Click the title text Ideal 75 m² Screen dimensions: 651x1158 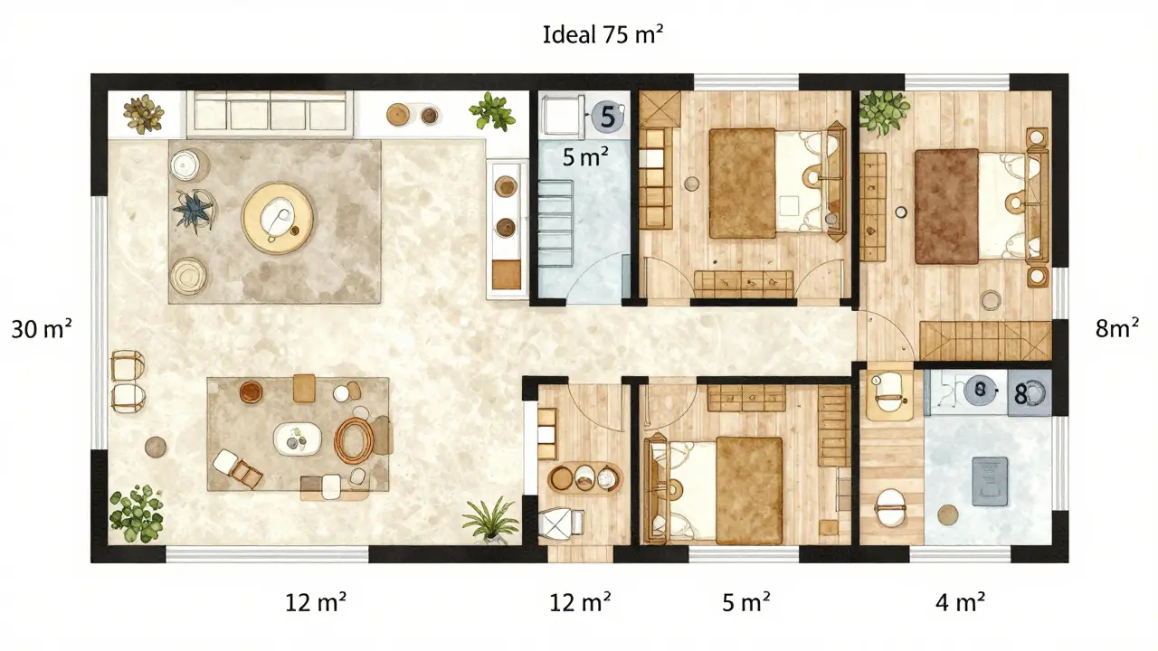604,35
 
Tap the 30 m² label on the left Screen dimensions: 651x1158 42,330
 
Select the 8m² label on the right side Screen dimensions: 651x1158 1116,329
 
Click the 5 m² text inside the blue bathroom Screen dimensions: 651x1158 584,157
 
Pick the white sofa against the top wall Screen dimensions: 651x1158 270,114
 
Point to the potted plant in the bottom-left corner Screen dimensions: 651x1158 135,511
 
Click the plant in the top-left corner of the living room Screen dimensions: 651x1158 143,114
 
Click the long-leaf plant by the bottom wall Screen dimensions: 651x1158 490,519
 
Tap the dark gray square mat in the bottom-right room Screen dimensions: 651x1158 990,480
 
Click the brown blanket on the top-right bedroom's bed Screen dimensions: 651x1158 946,206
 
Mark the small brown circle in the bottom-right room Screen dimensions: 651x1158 947,515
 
